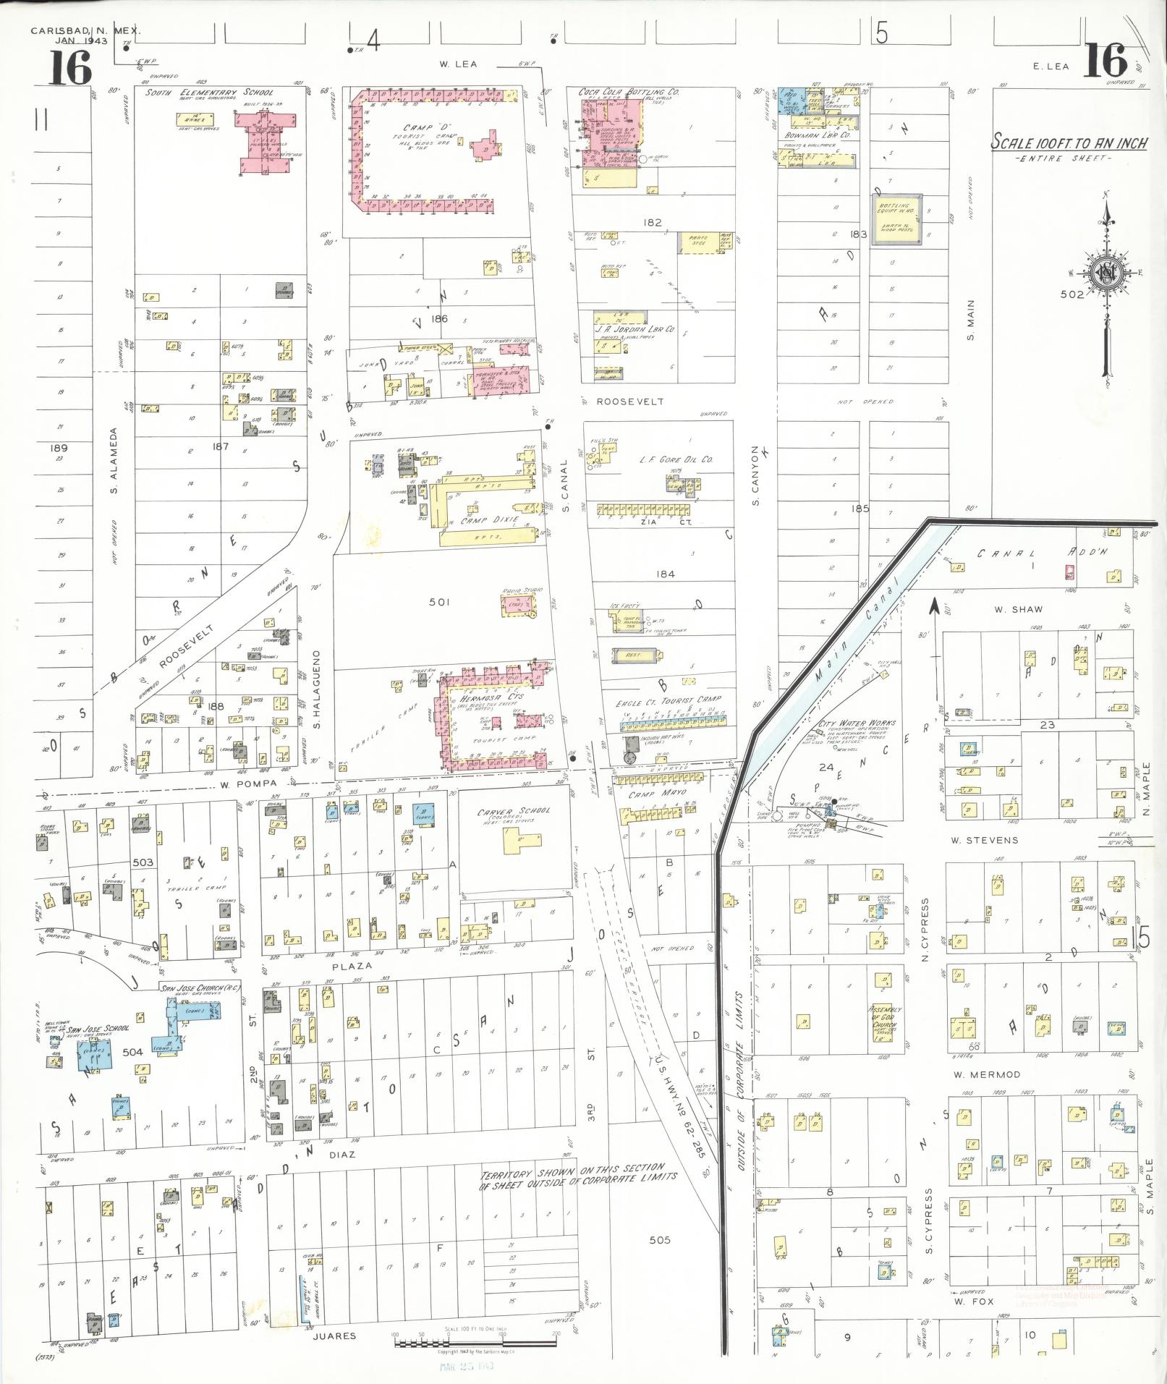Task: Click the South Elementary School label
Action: click(x=208, y=93)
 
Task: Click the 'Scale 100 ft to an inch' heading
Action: click(x=1069, y=143)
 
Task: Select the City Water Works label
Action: click(x=857, y=723)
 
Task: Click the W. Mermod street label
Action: click(x=986, y=1075)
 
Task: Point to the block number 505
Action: click(x=659, y=1239)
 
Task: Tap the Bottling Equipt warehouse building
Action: click(x=896, y=220)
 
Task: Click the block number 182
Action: click(x=653, y=223)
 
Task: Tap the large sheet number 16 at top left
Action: click(x=70, y=67)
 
